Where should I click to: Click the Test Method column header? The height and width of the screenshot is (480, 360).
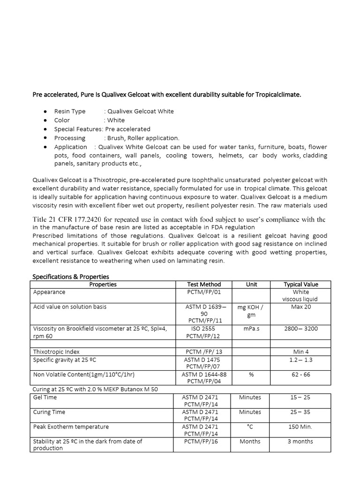click(203, 284)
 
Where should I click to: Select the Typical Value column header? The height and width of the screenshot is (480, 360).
click(300, 284)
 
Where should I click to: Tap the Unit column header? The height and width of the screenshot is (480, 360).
click(251, 284)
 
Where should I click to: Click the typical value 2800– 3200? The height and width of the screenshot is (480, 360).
click(300, 329)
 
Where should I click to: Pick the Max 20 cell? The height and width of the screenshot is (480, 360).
click(300, 307)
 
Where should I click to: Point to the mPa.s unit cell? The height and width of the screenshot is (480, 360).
click(251, 329)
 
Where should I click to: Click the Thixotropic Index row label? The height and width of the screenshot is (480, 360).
click(56, 351)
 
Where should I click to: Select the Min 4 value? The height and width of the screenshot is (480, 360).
click(300, 351)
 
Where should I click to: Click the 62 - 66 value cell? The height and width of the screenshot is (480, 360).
click(300, 374)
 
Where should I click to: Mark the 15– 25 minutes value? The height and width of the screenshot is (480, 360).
click(300, 397)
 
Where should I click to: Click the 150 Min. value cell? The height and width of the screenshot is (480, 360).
click(300, 427)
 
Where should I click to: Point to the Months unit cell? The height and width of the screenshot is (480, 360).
click(250, 441)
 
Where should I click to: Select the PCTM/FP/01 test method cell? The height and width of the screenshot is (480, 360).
click(203, 292)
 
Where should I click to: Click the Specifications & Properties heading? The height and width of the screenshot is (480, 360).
click(70, 277)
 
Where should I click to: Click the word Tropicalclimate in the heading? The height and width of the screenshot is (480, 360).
click(278, 95)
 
